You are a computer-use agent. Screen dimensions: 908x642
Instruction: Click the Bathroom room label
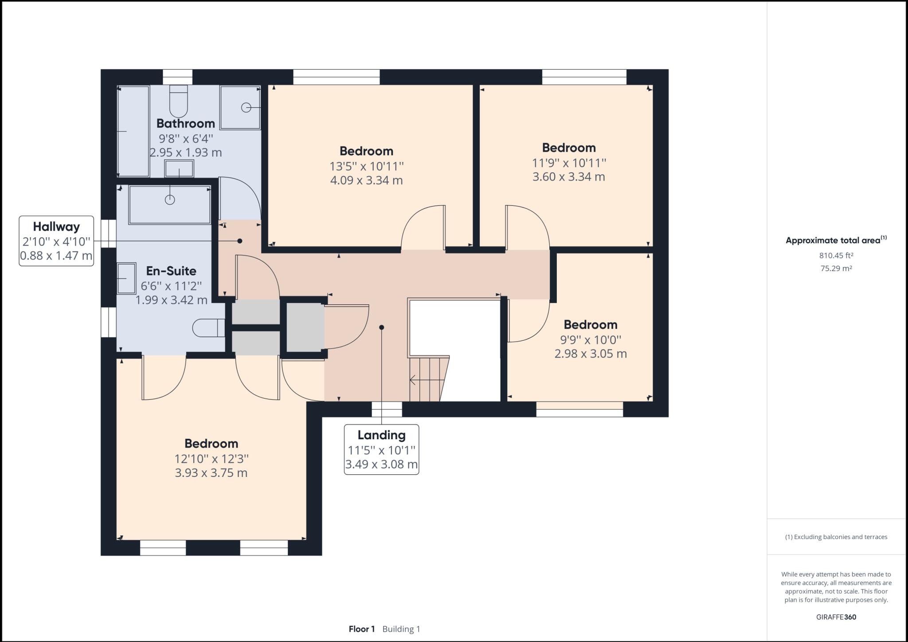pos(185,123)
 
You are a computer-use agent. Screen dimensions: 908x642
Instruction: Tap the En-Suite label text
pos(171,271)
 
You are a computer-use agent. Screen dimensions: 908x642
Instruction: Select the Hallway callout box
pos(56,241)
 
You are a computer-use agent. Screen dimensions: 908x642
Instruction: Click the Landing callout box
pos(381,449)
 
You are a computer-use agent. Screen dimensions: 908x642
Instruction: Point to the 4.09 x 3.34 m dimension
pos(366,180)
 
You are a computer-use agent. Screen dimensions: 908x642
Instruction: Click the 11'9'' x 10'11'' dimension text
pos(569,163)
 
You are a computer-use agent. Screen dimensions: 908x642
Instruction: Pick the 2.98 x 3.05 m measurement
pos(591,354)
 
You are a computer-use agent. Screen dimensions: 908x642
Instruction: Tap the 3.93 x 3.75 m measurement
pos(211,473)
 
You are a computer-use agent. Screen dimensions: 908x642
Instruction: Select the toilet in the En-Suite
pos(209,328)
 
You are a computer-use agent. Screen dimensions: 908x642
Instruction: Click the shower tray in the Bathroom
pos(240,107)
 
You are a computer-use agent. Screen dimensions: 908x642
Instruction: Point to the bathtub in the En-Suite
pos(169,205)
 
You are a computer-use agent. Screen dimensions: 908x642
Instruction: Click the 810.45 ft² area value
pos(836,255)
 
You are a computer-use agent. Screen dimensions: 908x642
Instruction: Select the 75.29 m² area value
pos(836,268)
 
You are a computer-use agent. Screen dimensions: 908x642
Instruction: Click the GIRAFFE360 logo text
pos(836,617)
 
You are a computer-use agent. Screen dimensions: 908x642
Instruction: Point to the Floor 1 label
pos(362,629)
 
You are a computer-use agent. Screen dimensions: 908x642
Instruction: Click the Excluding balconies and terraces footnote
pos(836,537)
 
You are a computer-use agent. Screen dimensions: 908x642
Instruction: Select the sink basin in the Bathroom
pos(179,169)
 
